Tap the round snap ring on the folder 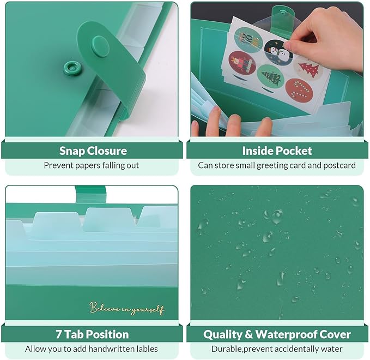click(69, 68)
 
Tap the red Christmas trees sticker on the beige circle click(308, 69)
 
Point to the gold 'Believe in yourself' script click(126, 309)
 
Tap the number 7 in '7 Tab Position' click(59, 334)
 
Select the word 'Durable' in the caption click(227, 349)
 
